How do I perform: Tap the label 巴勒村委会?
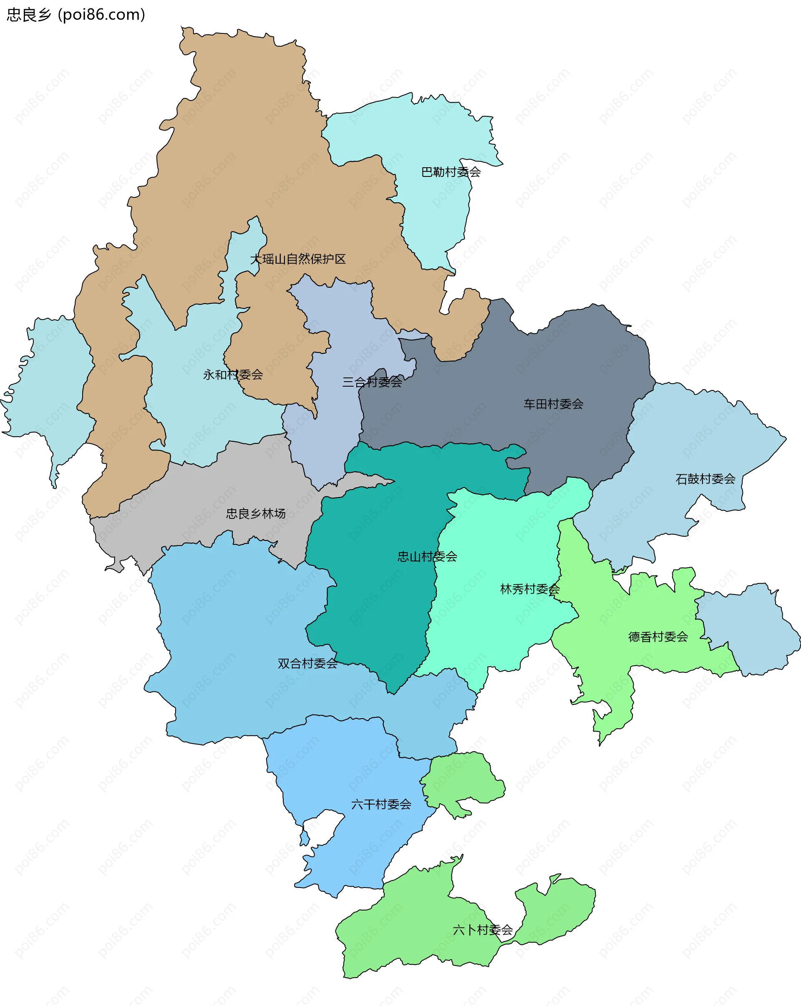(x=451, y=172)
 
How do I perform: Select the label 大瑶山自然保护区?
(x=298, y=259)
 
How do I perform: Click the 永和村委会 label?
(x=232, y=375)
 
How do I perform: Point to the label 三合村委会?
(x=372, y=382)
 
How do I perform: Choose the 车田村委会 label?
(x=553, y=404)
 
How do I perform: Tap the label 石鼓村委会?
(x=705, y=479)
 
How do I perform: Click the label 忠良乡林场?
(x=255, y=514)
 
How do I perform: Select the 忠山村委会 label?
(x=427, y=557)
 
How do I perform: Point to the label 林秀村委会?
(x=529, y=589)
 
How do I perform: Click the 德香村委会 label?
(x=658, y=637)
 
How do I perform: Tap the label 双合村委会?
(x=307, y=664)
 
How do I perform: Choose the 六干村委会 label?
(x=381, y=805)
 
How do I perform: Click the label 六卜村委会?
(x=482, y=930)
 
